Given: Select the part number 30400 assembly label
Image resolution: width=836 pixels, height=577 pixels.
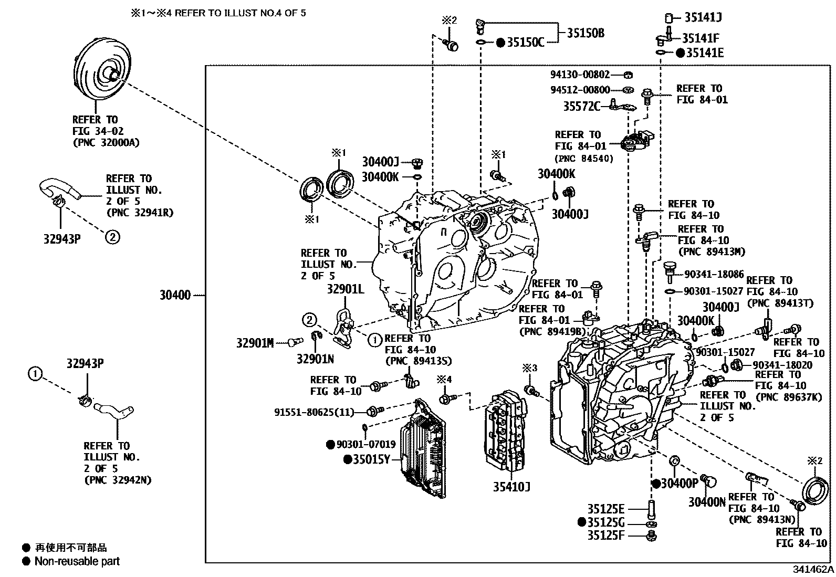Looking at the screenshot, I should point(175,296).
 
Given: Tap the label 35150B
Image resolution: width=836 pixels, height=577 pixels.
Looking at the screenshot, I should point(585,33).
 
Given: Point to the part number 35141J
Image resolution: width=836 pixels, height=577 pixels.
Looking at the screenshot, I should point(703,17).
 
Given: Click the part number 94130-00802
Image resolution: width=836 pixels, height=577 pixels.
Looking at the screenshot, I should point(580,75).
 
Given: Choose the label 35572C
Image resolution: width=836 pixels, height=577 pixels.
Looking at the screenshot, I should point(581,107).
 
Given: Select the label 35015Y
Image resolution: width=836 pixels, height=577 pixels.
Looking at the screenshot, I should point(371,460).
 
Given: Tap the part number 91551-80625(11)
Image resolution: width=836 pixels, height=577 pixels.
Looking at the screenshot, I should point(314,412).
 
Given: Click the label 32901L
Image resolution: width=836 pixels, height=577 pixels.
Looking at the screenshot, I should point(345,289).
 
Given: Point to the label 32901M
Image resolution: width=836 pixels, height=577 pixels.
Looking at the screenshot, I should point(255,343).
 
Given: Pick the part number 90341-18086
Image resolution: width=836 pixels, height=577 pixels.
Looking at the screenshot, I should point(714,274).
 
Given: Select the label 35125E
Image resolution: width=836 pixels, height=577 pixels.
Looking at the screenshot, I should point(605,509).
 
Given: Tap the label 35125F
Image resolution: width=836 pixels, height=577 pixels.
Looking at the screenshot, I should point(605,536).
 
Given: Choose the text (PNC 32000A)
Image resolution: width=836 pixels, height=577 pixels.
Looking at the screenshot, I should point(106,143).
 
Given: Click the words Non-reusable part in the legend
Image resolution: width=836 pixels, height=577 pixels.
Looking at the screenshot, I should point(77,561).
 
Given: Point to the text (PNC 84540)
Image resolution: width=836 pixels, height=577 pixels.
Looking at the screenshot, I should point(584,158).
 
